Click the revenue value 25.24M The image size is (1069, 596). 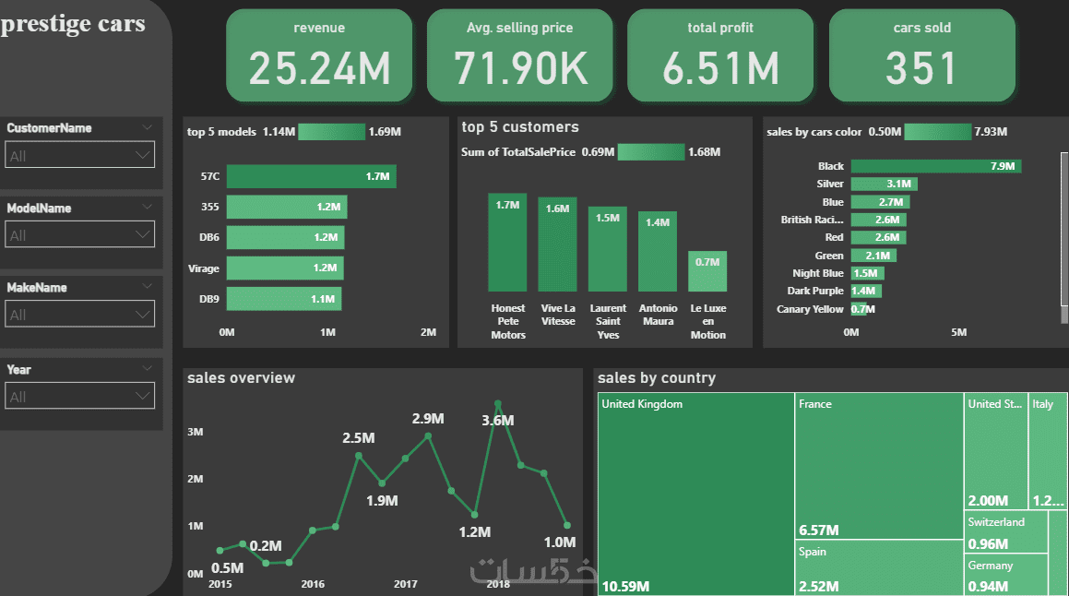(x=319, y=69)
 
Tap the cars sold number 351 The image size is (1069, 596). (x=921, y=69)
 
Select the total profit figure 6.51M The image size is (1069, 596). (x=720, y=69)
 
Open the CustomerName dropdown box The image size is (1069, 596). (x=80, y=156)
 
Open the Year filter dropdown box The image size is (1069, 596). (x=80, y=397)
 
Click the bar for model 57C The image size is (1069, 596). (x=311, y=175)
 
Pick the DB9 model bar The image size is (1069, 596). (x=283, y=299)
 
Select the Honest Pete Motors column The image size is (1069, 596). (x=507, y=243)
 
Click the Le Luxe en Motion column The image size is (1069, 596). (x=707, y=271)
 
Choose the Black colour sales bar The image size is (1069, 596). (x=935, y=166)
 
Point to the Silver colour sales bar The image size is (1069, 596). (x=884, y=185)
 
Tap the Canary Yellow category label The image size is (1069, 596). (x=810, y=309)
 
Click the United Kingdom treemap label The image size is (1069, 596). (x=642, y=404)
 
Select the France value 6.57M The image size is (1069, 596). (x=818, y=530)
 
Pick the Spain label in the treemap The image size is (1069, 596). (x=813, y=552)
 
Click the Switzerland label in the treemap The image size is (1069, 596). (x=996, y=522)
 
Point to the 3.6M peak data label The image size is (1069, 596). (x=498, y=421)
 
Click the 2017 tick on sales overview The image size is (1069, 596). (x=406, y=584)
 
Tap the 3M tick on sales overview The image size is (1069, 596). (x=196, y=432)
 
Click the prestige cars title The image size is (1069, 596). (x=74, y=24)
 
